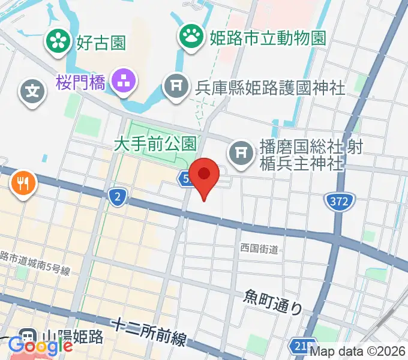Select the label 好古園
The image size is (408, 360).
[100, 43]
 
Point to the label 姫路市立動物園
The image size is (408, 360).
[268, 38]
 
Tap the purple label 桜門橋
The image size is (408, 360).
[81, 82]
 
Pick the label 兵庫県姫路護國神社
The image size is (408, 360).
[270, 88]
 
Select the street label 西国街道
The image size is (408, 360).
[259, 247]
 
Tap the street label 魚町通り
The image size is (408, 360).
[274, 301]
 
